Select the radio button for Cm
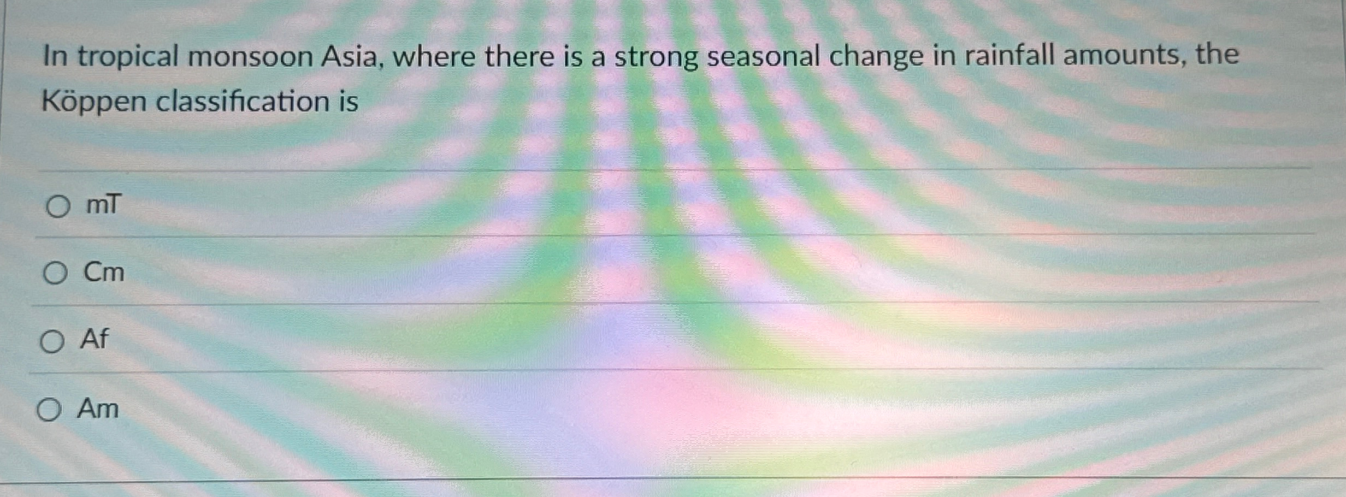tap(55, 273)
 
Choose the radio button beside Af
tap(52, 342)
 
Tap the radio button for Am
tap(49, 410)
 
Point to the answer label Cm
tap(104, 271)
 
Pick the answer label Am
tap(98, 408)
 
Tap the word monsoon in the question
tap(250, 57)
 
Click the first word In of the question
tap(56, 56)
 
